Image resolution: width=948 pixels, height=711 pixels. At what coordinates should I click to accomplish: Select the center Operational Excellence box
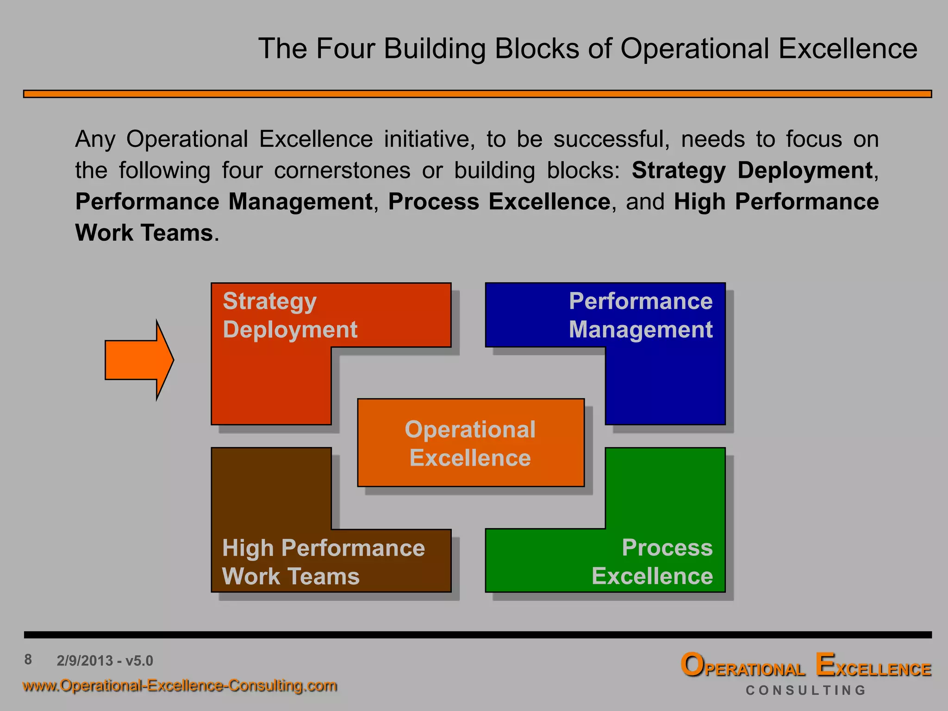(x=470, y=443)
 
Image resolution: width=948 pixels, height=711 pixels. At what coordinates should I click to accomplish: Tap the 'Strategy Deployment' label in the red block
(x=290, y=315)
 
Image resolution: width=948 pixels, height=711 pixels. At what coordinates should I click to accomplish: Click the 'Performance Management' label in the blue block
(x=640, y=315)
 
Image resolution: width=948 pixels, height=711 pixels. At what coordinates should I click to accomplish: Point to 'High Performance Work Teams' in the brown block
(x=323, y=561)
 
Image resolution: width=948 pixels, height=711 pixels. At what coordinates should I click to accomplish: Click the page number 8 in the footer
(x=28, y=659)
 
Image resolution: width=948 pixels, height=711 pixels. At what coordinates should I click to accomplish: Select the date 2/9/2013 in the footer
(x=85, y=661)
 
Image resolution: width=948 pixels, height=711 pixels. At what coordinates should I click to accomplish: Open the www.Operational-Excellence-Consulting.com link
(x=180, y=685)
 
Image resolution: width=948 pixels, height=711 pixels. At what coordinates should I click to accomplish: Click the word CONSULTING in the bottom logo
(x=805, y=690)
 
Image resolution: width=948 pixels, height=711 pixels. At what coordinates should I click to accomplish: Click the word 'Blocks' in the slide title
(x=537, y=48)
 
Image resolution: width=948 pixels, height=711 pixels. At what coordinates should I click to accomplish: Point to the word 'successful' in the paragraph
(x=611, y=139)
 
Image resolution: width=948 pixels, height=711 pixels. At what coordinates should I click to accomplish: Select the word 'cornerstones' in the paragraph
(x=342, y=170)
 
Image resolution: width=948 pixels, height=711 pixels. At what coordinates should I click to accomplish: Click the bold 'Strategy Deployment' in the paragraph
(x=752, y=170)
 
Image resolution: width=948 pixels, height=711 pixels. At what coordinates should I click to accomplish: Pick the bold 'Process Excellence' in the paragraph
(x=499, y=202)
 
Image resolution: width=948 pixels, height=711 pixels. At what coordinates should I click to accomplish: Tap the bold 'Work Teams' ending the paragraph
(x=144, y=233)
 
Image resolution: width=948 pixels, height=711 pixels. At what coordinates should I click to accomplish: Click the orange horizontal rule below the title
(x=477, y=94)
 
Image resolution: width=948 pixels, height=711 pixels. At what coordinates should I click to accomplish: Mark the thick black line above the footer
(x=477, y=635)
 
